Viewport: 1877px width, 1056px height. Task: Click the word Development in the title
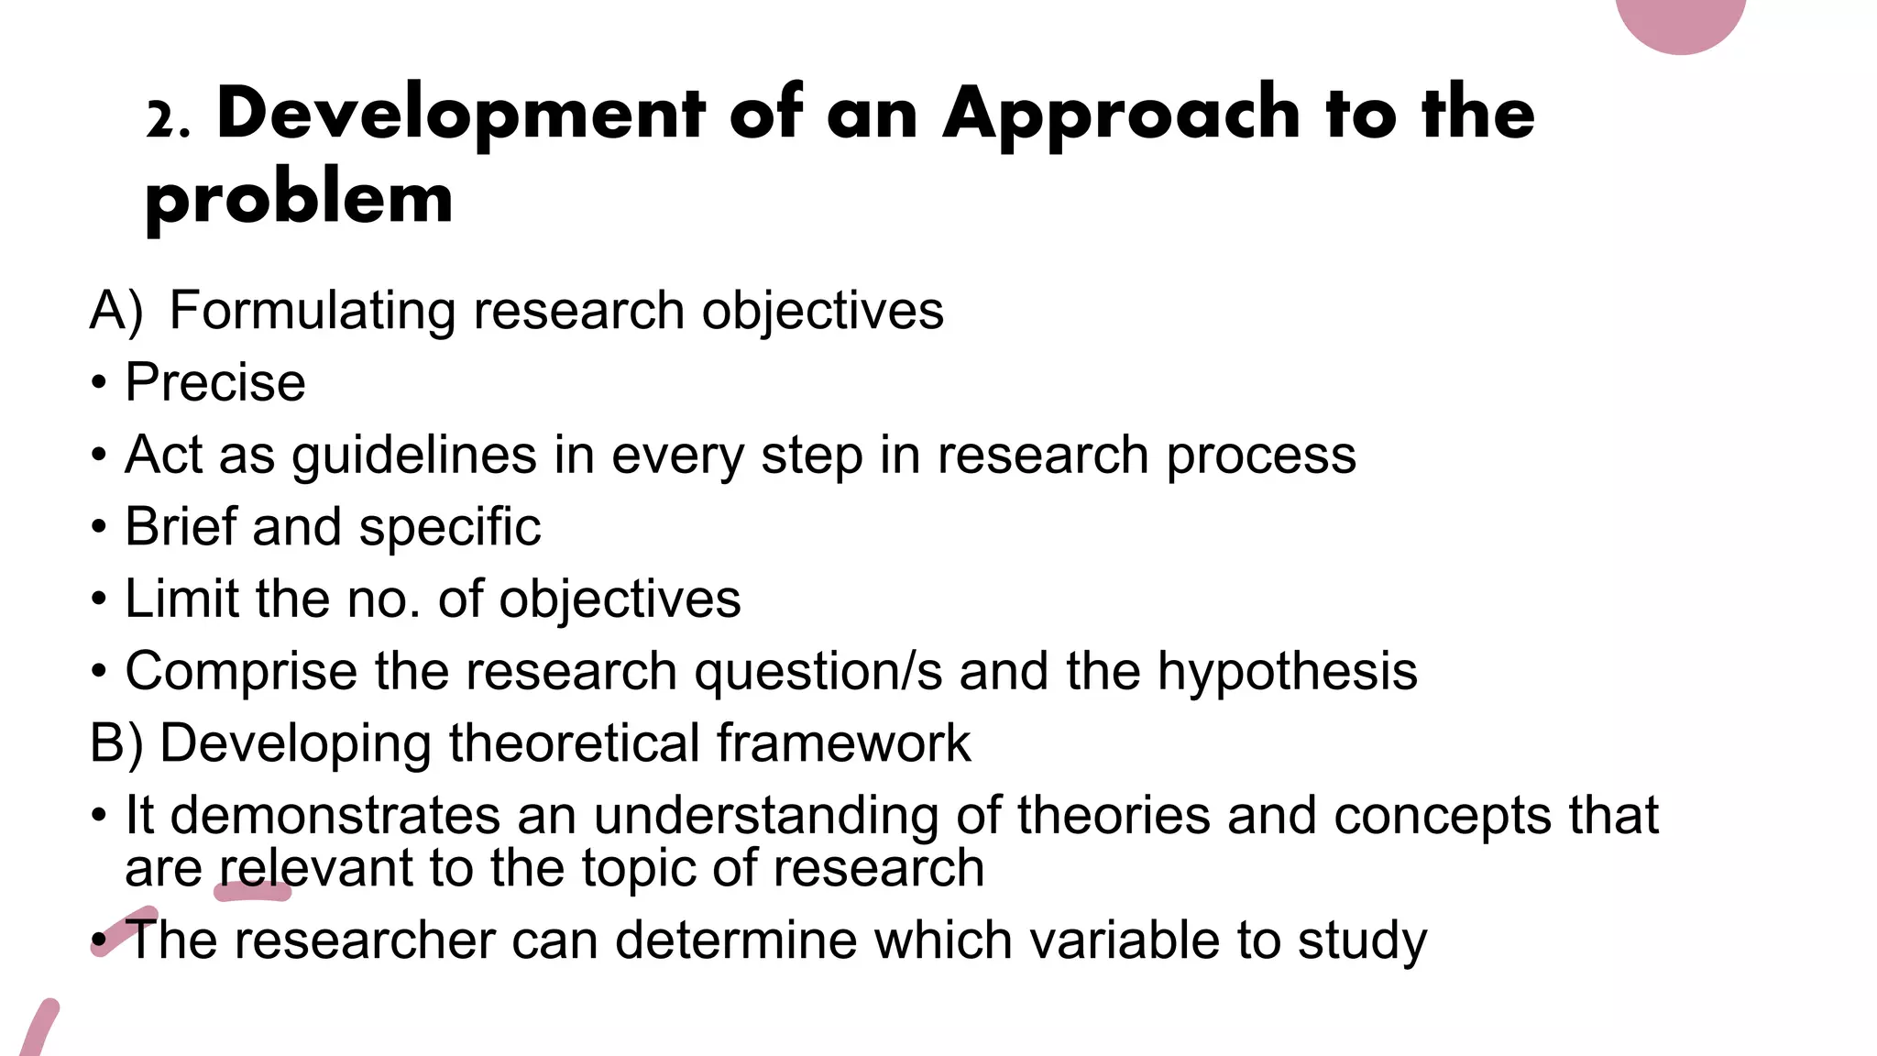pyautogui.click(x=461, y=114)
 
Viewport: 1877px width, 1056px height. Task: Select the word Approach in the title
pyautogui.click(x=1121, y=114)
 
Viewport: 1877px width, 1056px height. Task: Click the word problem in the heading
pyautogui.click(x=299, y=198)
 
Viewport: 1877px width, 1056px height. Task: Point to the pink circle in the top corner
pyautogui.click(x=1680, y=20)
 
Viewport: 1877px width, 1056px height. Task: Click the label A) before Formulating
pyautogui.click(x=116, y=311)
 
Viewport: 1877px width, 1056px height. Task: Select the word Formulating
pyautogui.click(x=313, y=311)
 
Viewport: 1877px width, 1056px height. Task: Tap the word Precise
pyautogui.click(x=215, y=382)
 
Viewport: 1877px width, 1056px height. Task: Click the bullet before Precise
pyautogui.click(x=99, y=383)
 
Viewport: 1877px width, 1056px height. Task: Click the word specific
pyautogui.click(x=450, y=528)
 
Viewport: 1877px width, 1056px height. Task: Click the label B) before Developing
pyautogui.click(x=116, y=742)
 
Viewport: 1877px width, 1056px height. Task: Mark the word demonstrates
pyautogui.click(x=335, y=815)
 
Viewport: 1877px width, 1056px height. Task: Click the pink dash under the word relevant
pyautogui.click(x=253, y=892)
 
